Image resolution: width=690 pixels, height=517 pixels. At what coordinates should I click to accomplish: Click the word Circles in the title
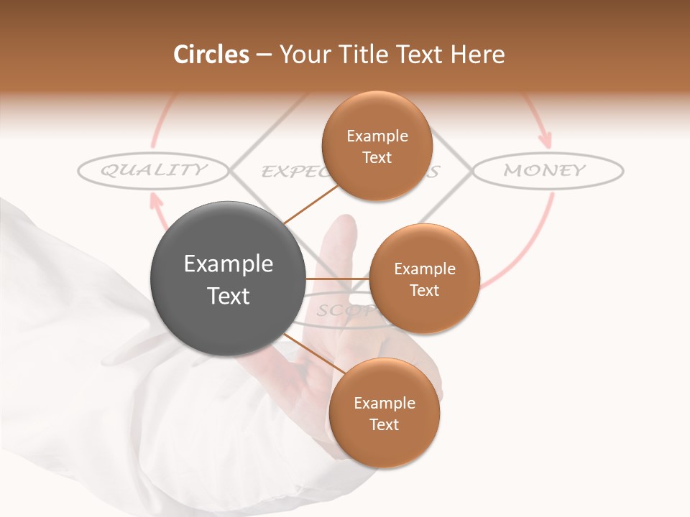[211, 55]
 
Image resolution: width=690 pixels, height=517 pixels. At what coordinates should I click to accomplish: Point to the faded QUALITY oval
[153, 170]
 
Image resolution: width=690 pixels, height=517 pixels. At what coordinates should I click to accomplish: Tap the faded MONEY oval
[547, 170]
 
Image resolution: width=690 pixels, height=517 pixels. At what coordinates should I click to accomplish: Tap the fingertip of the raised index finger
[343, 223]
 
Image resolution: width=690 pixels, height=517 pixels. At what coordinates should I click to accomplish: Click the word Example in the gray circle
[228, 264]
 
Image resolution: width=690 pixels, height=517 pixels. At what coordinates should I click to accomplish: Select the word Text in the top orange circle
[377, 157]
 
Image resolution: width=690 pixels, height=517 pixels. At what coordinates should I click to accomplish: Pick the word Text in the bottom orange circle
[384, 424]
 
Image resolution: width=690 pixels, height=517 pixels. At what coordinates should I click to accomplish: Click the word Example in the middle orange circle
[424, 269]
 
